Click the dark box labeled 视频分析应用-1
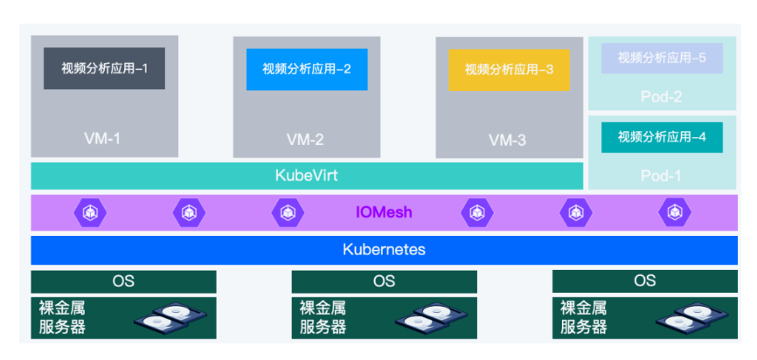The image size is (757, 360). (x=104, y=68)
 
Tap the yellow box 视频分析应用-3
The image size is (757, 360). (x=509, y=69)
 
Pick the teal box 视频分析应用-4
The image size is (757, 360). (x=662, y=137)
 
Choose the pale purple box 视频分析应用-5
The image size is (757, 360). (x=662, y=58)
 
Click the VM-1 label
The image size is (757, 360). (x=104, y=138)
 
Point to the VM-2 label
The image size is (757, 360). (x=306, y=139)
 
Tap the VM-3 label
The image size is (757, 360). (x=508, y=139)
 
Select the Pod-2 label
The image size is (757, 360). (x=662, y=96)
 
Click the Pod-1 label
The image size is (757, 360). (x=662, y=175)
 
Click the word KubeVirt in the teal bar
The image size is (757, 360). (x=306, y=176)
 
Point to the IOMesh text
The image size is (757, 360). (x=384, y=212)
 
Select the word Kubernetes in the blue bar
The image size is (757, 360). (x=384, y=249)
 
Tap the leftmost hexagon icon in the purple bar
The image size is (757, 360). (x=90, y=212)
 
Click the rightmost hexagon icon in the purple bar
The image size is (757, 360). (x=674, y=212)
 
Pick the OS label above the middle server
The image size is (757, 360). (x=384, y=281)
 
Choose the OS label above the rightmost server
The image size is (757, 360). (x=644, y=281)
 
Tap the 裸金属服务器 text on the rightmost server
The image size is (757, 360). (x=583, y=318)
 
